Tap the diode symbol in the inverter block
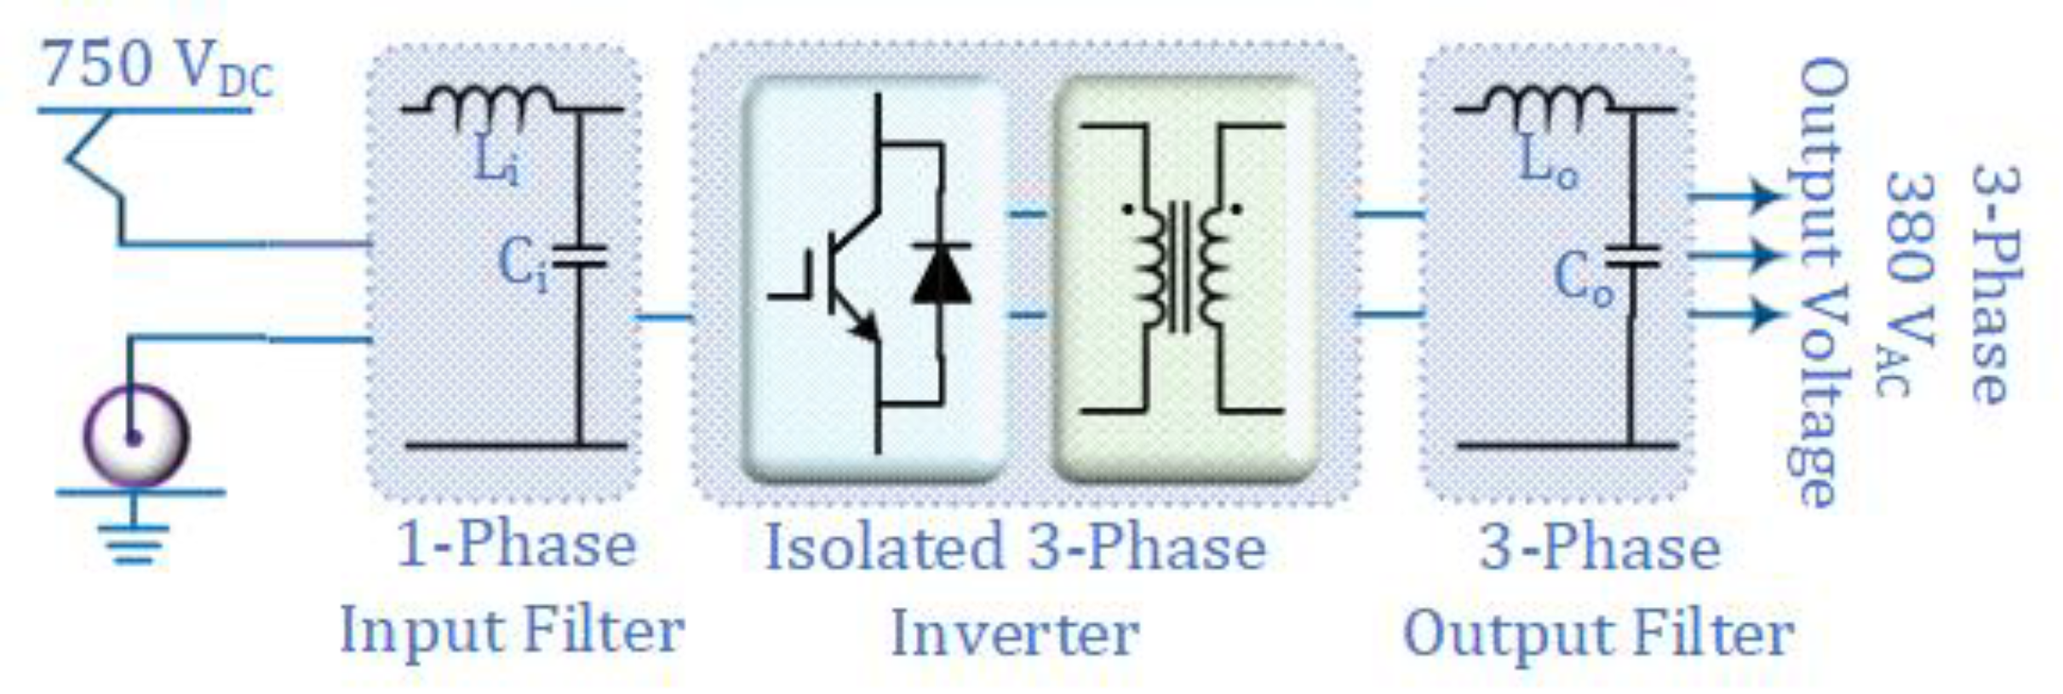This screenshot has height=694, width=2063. [942, 274]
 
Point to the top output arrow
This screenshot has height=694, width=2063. [1737, 196]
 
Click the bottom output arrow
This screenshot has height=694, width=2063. [1737, 314]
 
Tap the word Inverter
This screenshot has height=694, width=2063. [1014, 634]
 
